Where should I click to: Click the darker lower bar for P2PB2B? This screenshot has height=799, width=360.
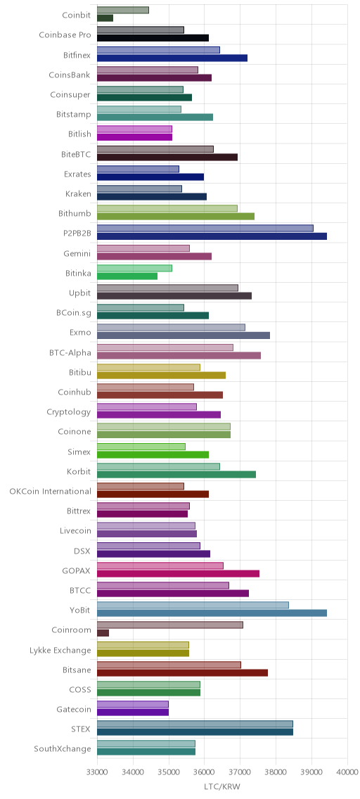coord(212,236)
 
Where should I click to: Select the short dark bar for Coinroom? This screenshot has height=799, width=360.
coord(103,633)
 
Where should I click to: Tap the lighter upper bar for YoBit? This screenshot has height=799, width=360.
coord(193,605)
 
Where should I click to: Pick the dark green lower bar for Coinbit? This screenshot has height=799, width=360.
coord(105,18)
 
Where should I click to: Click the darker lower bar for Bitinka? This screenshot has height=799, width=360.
coord(127,276)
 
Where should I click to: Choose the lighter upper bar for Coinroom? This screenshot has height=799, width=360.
coord(170,625)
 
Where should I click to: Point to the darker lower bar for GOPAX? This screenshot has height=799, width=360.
coord(178,573)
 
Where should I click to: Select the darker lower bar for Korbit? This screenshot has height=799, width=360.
coord(176,474)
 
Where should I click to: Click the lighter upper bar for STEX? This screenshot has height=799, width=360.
coord(195,724)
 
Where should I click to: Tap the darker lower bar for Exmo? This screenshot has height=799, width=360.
coord(184,335)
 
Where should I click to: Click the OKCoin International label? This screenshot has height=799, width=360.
coord(51,491)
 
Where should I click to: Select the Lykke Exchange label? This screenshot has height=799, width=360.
coord(60,650)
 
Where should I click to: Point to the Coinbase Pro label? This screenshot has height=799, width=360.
coord(65,35)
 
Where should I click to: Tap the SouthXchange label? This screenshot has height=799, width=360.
coord(63,748)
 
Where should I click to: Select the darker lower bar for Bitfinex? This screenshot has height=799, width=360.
coord(172,58)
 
